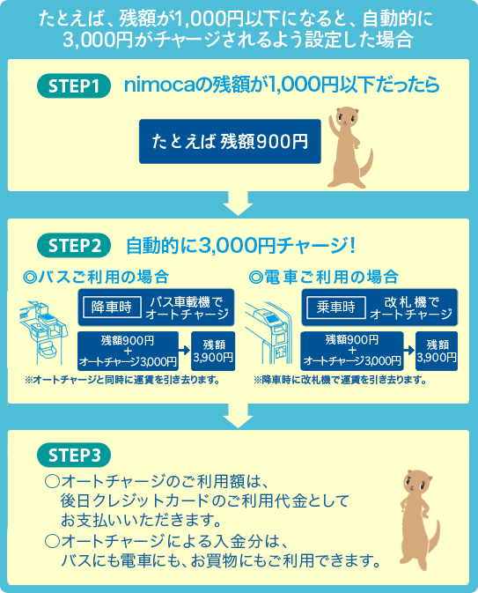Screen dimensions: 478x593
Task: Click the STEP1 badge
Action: click(x=74, y=85)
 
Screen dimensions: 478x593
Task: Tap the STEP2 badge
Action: click(x=74, y=246)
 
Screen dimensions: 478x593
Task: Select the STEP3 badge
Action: click(x=74, y=455)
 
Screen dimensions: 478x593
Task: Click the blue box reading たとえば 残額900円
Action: click(x=230, y=142)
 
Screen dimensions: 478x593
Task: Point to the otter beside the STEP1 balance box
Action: click(x=349, y=147)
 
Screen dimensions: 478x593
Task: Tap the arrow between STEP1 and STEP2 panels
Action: click(x=238, y=204)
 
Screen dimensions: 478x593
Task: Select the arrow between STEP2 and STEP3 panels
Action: click(x=238, y=416)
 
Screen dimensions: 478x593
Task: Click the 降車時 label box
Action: click(x=112, y=308)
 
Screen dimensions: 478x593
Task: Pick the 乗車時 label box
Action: click(x=336, y=308)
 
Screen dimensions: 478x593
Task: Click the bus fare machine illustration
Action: click(x=43, y=332)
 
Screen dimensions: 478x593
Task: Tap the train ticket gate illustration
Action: click(x=269, y=332)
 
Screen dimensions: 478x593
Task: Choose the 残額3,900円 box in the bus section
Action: click(x=213, y=351)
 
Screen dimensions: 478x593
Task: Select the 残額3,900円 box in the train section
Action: click(x=437, y=351)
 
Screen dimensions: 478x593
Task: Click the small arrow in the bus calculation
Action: click(x=184, y=351)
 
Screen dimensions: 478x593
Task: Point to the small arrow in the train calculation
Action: click(x=409, y=350)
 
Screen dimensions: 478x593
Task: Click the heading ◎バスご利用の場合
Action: click(x=96, y=277)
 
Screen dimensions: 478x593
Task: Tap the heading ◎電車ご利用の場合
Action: click(x=323, y=277)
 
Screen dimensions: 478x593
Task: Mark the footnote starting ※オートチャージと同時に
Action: click(x=122, y=380)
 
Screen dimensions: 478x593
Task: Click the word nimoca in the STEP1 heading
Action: click(x=159, y=85)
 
